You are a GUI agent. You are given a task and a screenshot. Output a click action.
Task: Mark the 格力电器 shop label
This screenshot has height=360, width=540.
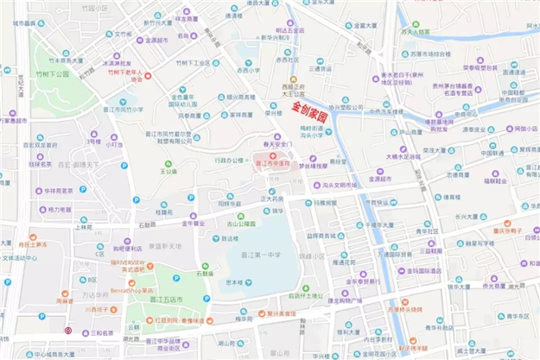[60, 209]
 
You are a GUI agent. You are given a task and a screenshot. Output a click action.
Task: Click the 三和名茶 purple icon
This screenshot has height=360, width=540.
[86, 332]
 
